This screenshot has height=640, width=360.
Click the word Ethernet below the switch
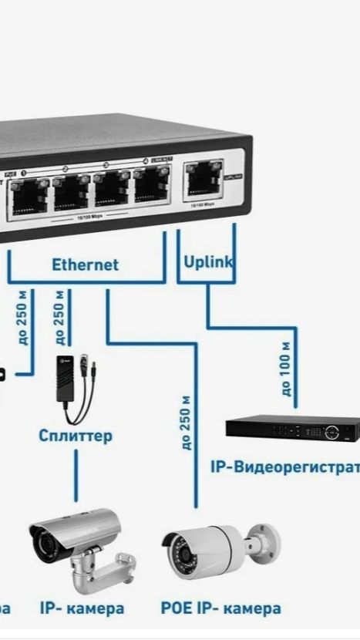pyautogui.click(x=85, y=265)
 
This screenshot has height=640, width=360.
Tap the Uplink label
pyautogui.click(x=208, y=262)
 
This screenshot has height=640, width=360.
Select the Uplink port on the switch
pyautogui.click(x=203, y=182)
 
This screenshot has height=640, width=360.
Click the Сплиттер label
pyautogui.click(x=76, y=436)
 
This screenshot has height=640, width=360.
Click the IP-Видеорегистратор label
pyautogui.click(x=284, y=467)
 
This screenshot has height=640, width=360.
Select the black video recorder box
pyautogui.click(x=292, y=429)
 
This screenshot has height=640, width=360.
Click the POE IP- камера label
pyautogui.click(x=220, y=609)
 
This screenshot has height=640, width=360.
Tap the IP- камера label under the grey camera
pyautogui.click(x=82, y=609)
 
